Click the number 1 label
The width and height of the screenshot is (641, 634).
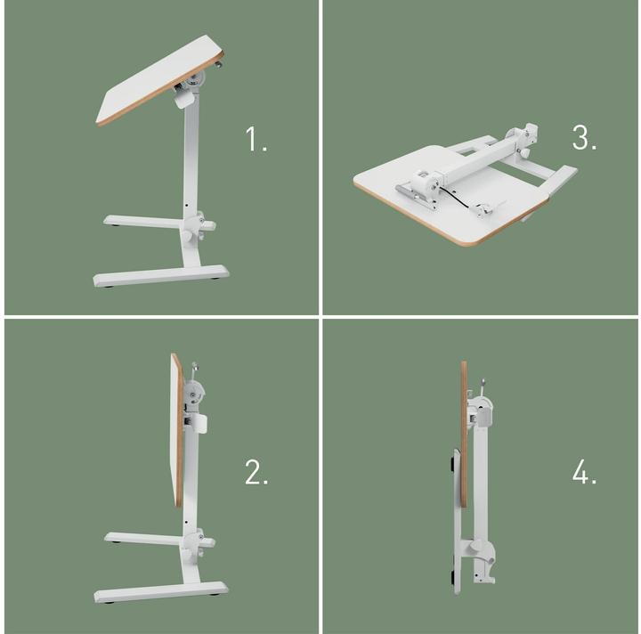click(256, 139)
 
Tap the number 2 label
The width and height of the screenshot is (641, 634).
click(256, 473)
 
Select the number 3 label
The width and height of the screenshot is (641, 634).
click(584, 138)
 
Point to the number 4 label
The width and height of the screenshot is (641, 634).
click(584, 473)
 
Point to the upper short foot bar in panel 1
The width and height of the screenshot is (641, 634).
click(142, 219)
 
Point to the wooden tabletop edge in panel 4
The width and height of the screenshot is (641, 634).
click(464, 427)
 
